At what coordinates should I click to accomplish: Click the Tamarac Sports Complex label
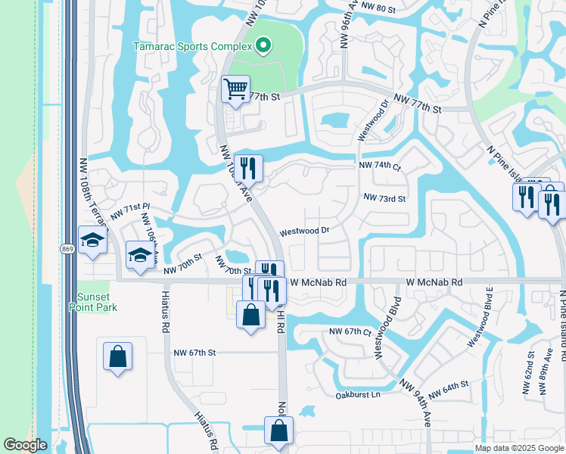[x=192, y=46]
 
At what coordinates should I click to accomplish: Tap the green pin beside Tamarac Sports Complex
[x=263, y=47]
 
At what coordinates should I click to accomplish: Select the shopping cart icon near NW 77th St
[x=235, y=89]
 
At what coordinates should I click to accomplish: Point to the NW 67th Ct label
[x=350, y=332]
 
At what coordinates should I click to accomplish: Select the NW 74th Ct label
[x=380, y=165]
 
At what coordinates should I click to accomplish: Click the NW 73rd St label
[x=385, y=198]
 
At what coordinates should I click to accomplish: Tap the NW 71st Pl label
[x=131, y=211]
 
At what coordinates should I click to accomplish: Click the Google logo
[x=25, y=445]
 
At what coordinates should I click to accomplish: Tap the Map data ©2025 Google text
[x=518, y=448]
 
